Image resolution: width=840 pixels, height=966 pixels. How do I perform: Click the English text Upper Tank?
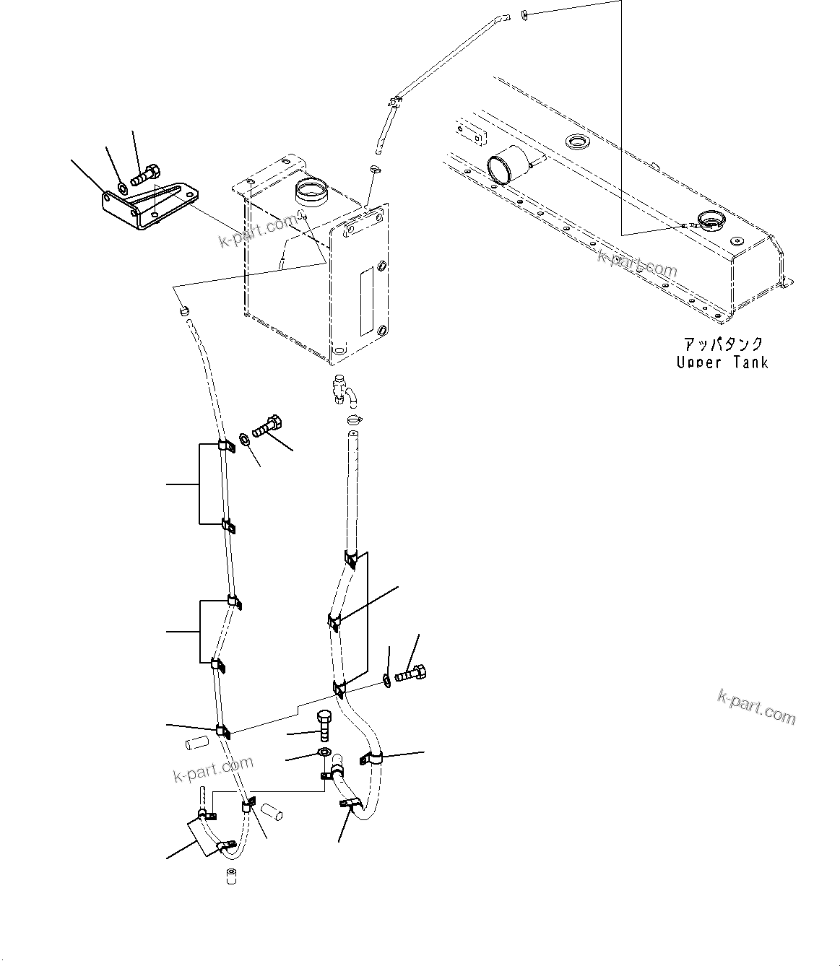tap(722, 362)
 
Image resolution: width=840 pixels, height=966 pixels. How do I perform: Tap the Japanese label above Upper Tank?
tap(722, 345)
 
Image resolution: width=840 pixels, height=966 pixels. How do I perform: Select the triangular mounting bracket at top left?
tap(147, 206)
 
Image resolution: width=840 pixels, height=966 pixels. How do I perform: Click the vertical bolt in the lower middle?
tap(324, 724)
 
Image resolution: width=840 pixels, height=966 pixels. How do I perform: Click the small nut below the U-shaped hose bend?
tap(233, 876)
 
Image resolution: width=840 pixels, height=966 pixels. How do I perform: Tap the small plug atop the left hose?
tap(184, 310)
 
